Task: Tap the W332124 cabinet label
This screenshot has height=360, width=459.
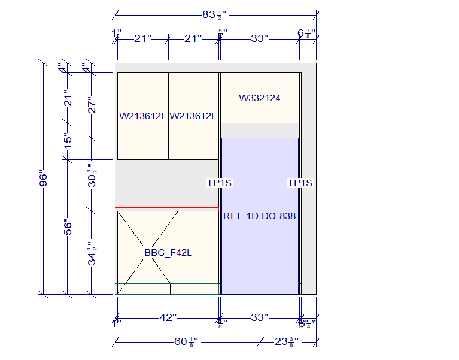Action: point(260,98)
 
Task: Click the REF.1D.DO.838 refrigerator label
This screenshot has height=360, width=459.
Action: point(260,216)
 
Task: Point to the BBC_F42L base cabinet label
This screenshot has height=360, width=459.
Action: point(168,253)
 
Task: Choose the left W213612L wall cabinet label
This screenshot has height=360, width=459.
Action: point(142,116)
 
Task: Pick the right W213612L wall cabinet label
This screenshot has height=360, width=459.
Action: point(193,116)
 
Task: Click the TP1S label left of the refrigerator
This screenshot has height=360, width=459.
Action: point(219,183)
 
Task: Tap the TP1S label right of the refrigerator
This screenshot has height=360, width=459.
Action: point(300,183)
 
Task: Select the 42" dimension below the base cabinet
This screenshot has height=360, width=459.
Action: point(167,317)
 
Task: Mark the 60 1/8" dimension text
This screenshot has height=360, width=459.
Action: point(186,341)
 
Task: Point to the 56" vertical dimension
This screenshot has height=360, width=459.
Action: point(68,227)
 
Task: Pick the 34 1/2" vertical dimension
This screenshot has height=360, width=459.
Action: point(92,254)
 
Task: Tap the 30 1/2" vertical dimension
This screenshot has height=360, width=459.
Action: point(92,176)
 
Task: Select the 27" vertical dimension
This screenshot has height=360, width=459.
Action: point(92,105)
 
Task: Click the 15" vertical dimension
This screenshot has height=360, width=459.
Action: point(68,140)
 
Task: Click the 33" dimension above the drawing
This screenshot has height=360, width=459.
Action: point(259,38)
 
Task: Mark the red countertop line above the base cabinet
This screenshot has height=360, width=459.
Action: point(167,209)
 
